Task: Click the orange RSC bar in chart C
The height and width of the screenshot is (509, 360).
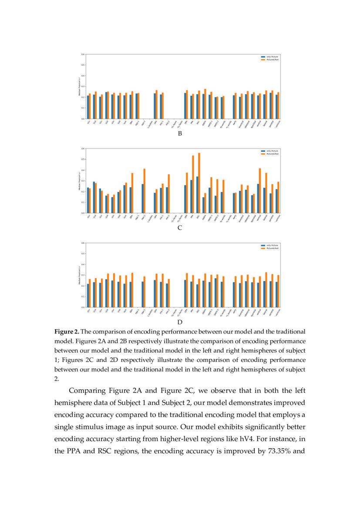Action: [199, 183]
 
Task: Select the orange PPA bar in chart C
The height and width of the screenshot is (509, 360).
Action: [193, 185]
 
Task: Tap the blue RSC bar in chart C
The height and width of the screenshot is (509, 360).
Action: [197, 195]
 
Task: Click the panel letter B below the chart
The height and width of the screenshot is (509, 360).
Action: [180, 134]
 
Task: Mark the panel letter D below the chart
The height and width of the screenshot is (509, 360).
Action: [180, 323]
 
